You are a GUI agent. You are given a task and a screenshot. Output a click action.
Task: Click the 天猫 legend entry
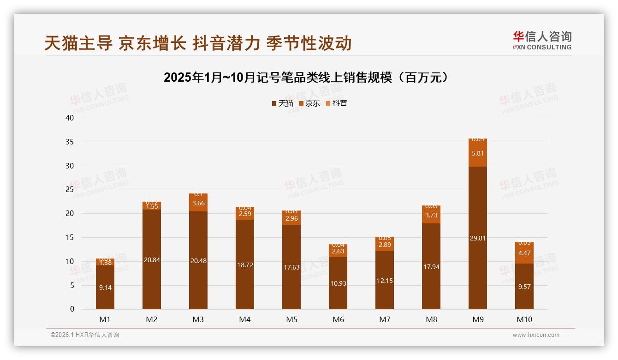(283, 103)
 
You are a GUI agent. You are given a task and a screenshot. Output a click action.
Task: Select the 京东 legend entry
(309, 103)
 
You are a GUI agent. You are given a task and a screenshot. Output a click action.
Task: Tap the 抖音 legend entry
(337, 103)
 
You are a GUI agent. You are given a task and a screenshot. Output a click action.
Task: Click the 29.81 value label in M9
(477, 238)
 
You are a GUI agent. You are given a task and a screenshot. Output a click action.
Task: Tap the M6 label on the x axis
(338, 319)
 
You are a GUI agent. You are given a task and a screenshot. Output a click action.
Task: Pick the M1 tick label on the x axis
(105, 319)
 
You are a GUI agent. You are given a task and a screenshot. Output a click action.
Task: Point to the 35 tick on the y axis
(70, 142)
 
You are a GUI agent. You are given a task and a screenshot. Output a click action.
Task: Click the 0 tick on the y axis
(72, 309)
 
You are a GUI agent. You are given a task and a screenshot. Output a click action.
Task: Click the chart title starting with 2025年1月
(306, 77)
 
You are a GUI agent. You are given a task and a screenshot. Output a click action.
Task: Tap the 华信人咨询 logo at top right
(542, 40)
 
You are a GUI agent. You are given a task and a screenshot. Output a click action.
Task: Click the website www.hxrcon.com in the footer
(536, 335)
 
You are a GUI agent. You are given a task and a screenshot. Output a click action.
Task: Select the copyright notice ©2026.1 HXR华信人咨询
(85, 335)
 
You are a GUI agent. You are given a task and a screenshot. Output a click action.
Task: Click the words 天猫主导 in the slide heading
(78, 43)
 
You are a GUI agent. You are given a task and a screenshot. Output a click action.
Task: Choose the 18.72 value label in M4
(244, 265)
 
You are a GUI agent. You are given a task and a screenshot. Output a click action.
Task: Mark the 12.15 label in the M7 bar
(384, 281)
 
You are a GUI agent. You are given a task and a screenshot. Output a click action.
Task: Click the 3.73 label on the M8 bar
(431, 215)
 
